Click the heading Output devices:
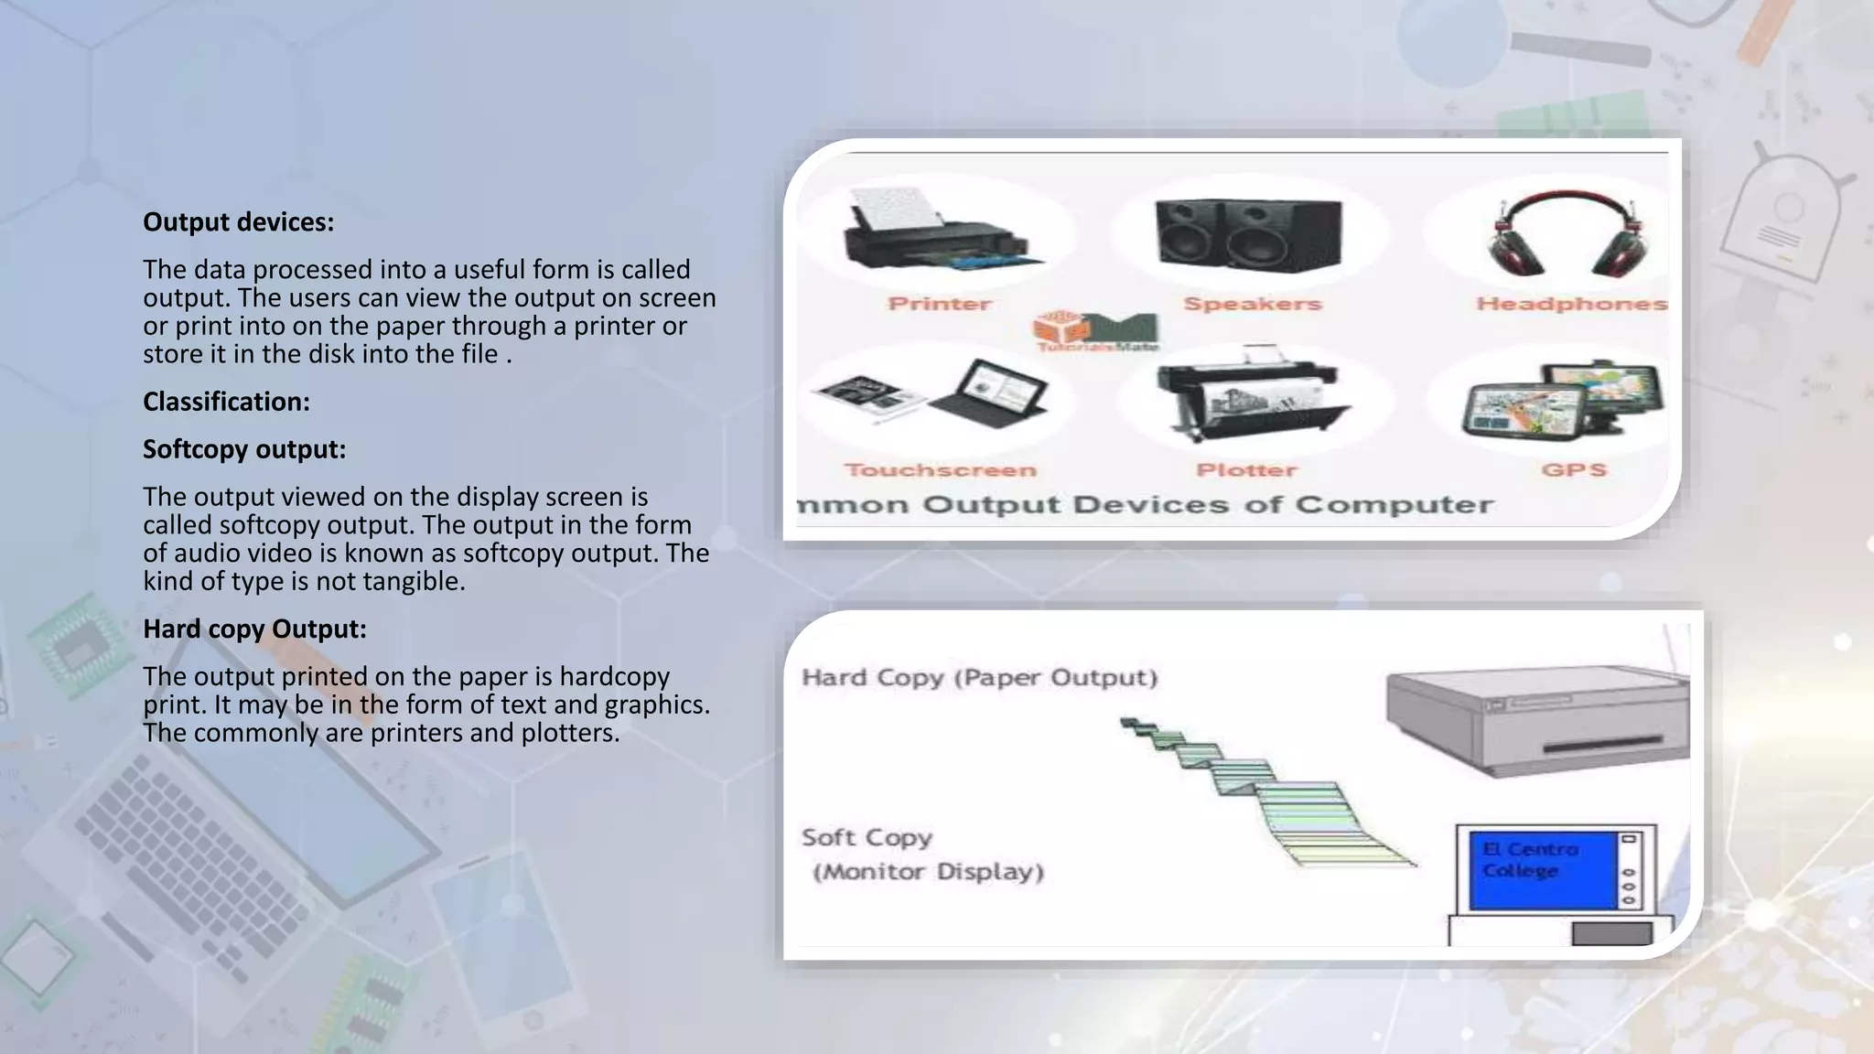click(238, 222)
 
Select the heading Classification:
click(226, 402)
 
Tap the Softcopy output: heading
click(244, 449)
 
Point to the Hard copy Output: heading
click(254, 629)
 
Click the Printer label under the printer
click(940, 304)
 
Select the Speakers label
click(1253, 304)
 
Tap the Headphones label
click(1571, 304)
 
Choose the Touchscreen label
click(940, 470)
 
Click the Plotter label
click(1246, 470)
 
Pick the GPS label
click(1573, 470)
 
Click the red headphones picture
click(1566, 235)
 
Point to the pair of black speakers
click(1248, 233)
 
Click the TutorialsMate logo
click(1096, 331)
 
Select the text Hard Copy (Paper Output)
click(979, 678)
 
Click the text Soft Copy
click(867, 838)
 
